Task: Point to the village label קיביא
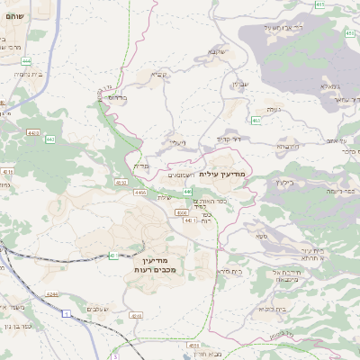tap(159, 75)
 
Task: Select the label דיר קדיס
tap(229, 139)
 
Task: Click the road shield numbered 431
tap(113, 256)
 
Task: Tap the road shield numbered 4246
tap(52, 294)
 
